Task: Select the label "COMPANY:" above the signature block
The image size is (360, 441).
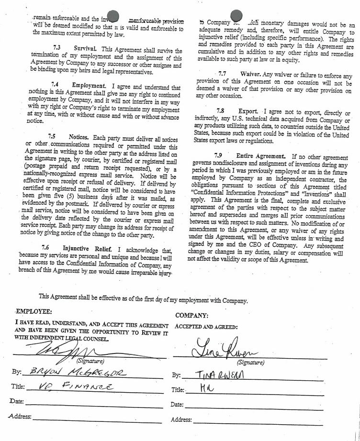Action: (x=192, y=316)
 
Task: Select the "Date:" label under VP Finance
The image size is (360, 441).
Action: (x=16, y=401)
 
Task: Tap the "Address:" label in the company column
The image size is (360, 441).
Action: (x=180, y=420)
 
